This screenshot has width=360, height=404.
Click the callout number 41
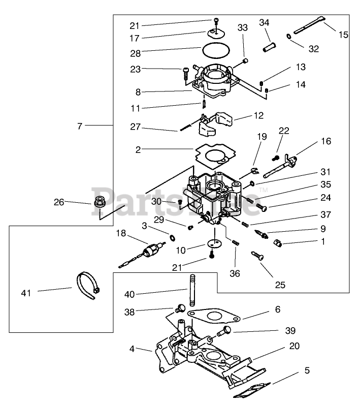click(x=26, y=293)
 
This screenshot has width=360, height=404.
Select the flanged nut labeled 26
click(x=99, y=201)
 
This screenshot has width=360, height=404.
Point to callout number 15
click(x=343, y=35)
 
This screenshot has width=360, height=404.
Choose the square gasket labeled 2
click(x=216, y=156)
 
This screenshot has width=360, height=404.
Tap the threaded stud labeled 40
click(x=192, y=290)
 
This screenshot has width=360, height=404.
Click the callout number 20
click(x=294, y=346)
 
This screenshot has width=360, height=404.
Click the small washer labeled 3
click(x=172, y=237)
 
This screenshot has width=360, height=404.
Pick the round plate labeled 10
click(x=214, y=243)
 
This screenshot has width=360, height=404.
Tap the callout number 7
click(x=80, y=126)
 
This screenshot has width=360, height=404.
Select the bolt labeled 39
click(x=224, y=331)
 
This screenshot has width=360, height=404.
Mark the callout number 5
click(x=307, y=370)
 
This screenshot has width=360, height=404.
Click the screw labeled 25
click(x=257, y=256)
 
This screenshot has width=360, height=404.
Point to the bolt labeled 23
click(x=186, y=75)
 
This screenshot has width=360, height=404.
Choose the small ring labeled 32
click(x=289, y=37)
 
